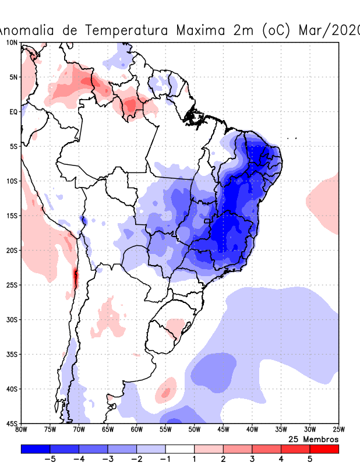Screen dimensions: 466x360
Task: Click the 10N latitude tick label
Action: point(12,43)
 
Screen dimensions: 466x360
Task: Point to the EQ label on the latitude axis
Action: point(13,112)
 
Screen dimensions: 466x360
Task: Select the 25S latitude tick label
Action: point(12,285)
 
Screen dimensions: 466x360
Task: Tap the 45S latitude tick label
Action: point(12,423)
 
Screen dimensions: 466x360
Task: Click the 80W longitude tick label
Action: point(22,430)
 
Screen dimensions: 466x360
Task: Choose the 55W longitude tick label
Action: point(165,430)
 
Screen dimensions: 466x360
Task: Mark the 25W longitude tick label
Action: point(338,430)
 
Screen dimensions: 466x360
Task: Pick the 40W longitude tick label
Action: point(252,430)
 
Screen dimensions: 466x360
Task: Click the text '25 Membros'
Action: point(313,439)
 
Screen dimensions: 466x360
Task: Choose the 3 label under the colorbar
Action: point(252,459)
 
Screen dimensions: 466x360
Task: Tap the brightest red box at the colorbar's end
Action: point(324,449)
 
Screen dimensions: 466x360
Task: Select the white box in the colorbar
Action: point(179,449)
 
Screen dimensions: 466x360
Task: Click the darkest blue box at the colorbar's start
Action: point(36,449)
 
